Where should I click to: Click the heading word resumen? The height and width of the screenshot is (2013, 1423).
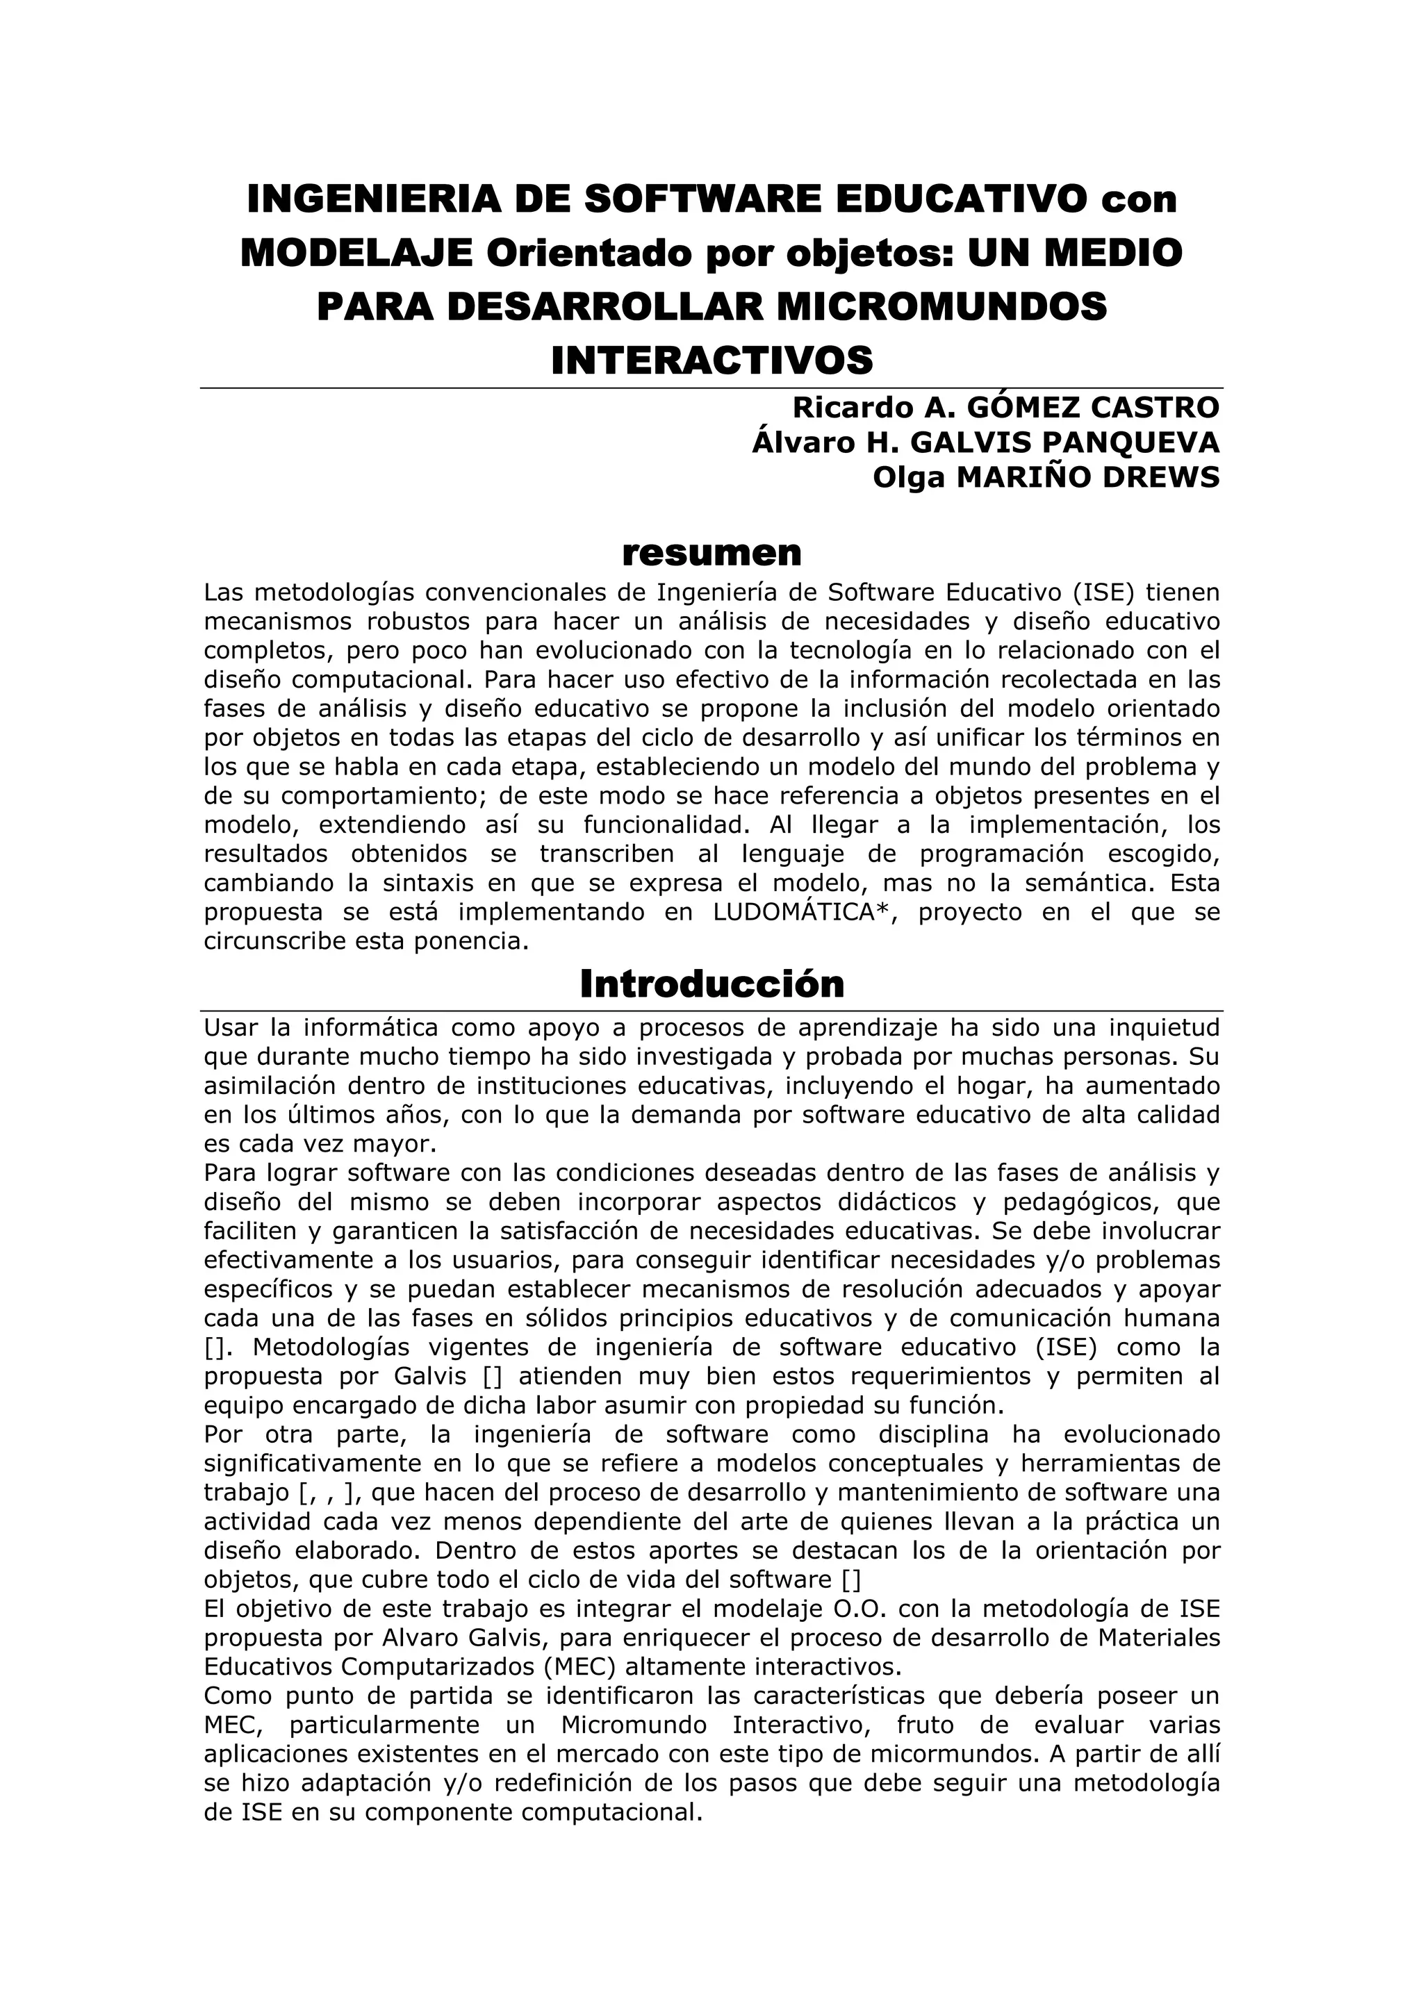point(711,553)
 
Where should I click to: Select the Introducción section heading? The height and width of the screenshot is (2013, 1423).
point(711,984)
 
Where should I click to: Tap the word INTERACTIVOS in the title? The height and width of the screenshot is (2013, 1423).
point(711,360)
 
